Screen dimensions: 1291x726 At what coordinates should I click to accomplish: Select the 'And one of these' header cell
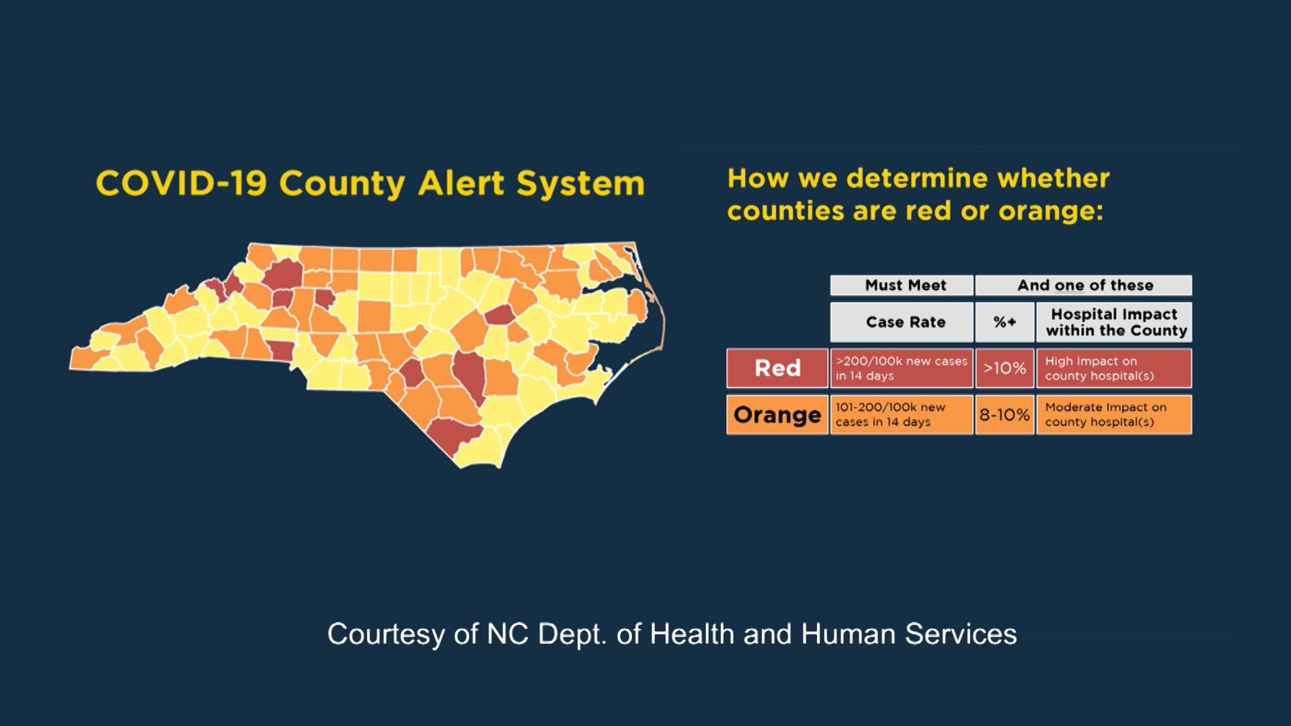[x=1084, y=285]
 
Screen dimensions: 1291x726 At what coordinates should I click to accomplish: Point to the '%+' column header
[x=1005, y=322]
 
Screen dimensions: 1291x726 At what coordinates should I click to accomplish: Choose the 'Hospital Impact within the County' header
[x=1114, y=322]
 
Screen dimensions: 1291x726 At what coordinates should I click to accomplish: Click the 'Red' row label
[x=777, y=368]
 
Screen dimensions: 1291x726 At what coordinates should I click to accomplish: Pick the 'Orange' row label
[x=777, y=415]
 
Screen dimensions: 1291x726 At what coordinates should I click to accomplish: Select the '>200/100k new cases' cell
[x=902, y=368]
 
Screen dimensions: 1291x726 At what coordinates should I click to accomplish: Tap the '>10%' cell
[x=1005, y=368]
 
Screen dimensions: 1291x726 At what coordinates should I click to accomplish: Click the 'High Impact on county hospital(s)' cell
[x=1114, y=368]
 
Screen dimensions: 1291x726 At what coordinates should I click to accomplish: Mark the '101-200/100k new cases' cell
[x=902, y=415]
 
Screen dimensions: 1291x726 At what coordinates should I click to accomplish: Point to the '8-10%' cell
[x=1005, y=415]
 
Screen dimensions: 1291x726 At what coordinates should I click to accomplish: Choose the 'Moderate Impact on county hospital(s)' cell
[x=1114, y=415]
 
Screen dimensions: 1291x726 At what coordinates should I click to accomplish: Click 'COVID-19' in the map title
[x=182, y=184]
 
